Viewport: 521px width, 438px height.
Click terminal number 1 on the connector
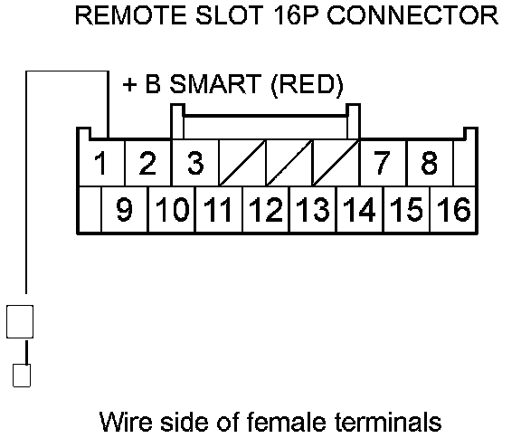click(100, 163)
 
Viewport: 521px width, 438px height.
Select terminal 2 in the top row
click(147, 163)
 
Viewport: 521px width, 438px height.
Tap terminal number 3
click(195, 163)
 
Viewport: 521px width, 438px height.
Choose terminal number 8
click(429, 163)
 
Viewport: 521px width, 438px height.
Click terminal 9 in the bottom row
click(124, 209)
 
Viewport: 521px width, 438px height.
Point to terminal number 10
click(172, 209)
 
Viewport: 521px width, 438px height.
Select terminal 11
click(218, 209)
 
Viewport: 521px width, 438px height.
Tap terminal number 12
click(266, 209)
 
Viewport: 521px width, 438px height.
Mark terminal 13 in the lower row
click(313, 209)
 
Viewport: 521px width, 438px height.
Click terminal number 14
click(359, 209)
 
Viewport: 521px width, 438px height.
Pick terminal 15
click(406, 209)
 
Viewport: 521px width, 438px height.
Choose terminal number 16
click(453, 209)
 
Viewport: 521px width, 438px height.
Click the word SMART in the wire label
click(215, 84)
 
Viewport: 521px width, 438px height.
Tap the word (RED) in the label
click(307, 85)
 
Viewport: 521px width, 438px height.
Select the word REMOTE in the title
click(131, 15)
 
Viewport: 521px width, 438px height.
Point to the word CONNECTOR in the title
click(413, 15)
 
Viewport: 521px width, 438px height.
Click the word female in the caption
click(287, 422)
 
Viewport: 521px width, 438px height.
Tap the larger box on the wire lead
click(20, 321)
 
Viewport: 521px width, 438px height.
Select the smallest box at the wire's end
click(22, 376)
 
